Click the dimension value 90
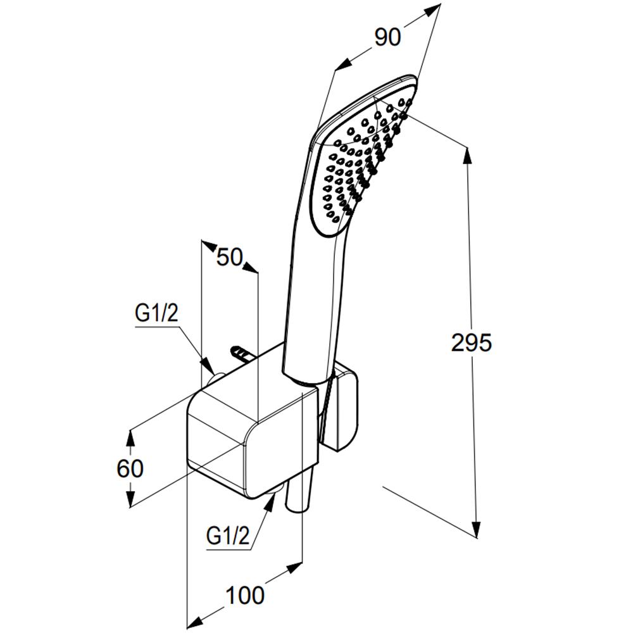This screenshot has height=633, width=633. (387, 37)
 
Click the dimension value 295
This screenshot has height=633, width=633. (471, 342)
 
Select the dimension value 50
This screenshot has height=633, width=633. (229, 257)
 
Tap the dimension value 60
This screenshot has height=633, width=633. (130, 468)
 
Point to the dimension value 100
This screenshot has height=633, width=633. (245, 596)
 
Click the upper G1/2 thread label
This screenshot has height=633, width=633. (156, 314)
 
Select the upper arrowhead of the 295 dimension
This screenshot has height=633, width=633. (468, 156)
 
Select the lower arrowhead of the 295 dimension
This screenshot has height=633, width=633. (477, 529)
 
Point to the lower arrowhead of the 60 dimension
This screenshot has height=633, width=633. (130, 498)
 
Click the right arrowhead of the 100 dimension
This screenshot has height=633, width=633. (294, 567)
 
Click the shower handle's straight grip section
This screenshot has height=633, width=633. (310, 307)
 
